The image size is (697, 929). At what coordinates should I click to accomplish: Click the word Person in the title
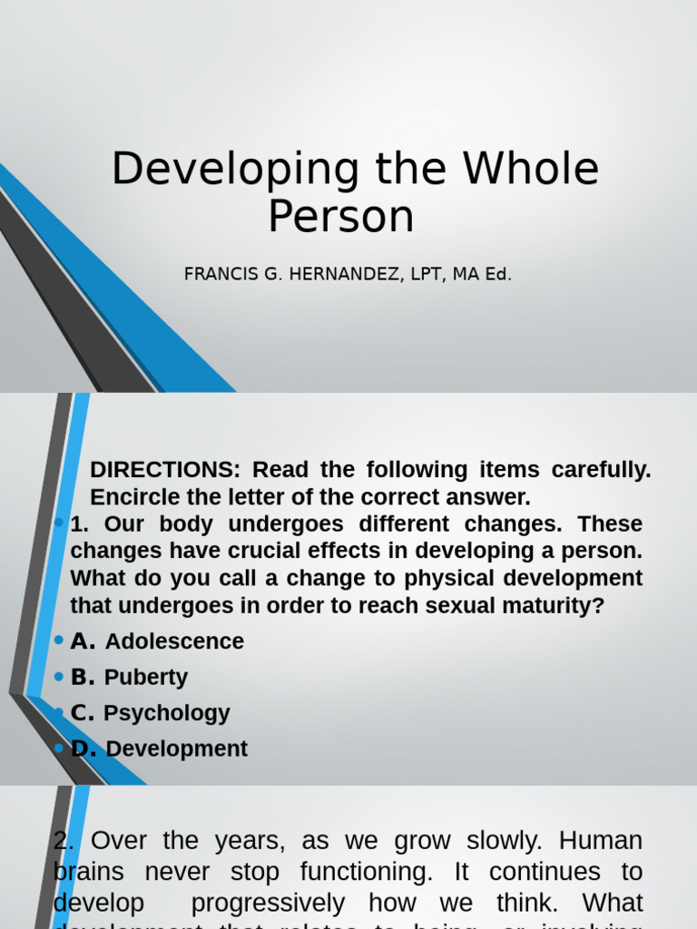(x=340, y=217)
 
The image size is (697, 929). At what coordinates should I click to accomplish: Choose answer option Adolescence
(x=174, y=641)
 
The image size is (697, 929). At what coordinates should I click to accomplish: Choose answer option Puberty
(x=146, y=678)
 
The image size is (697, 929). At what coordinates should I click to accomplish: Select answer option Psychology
(x=167, y=713)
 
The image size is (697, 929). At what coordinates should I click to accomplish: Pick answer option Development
(x=176, y=749)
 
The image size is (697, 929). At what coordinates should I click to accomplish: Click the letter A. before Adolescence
(x=83, y=641)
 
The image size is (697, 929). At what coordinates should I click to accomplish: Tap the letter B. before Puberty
(x=83, y=678)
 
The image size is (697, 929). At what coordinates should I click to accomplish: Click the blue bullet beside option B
(x=59, y=677)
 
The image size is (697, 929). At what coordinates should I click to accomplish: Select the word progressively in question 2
(x=268, y=904)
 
